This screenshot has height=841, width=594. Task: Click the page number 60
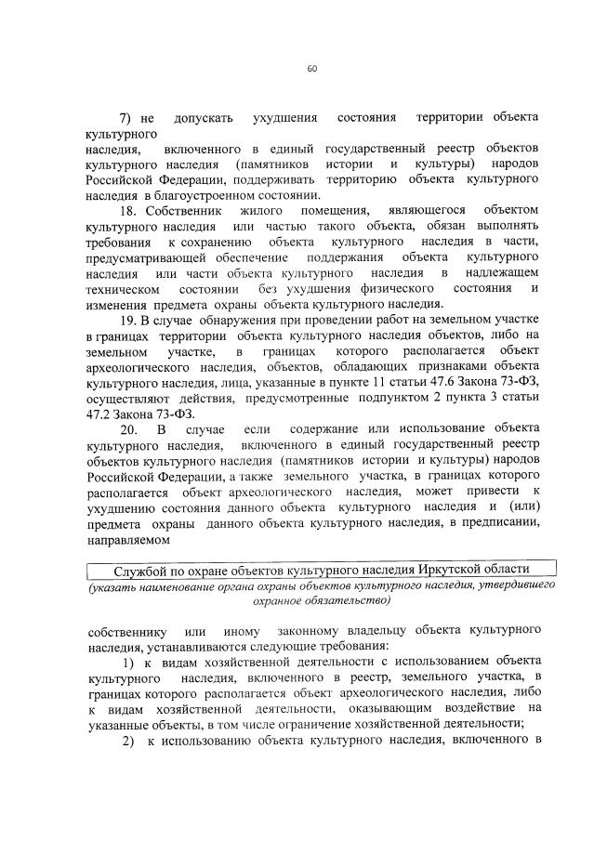click(x=309, y=67)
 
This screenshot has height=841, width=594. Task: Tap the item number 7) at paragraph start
click(x=127, y=119)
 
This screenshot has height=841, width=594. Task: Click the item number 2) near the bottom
click(x=128, y=740)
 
